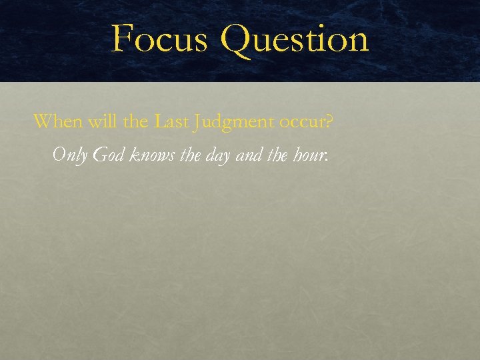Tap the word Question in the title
(x=294, y=38)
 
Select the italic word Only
(x=69, y=155)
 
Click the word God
(x=109, y=155)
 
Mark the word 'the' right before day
(x=191, y=155)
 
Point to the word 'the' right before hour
(x=279, y=155)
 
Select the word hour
(x=310, y=155)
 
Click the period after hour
(x=327, y=161)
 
